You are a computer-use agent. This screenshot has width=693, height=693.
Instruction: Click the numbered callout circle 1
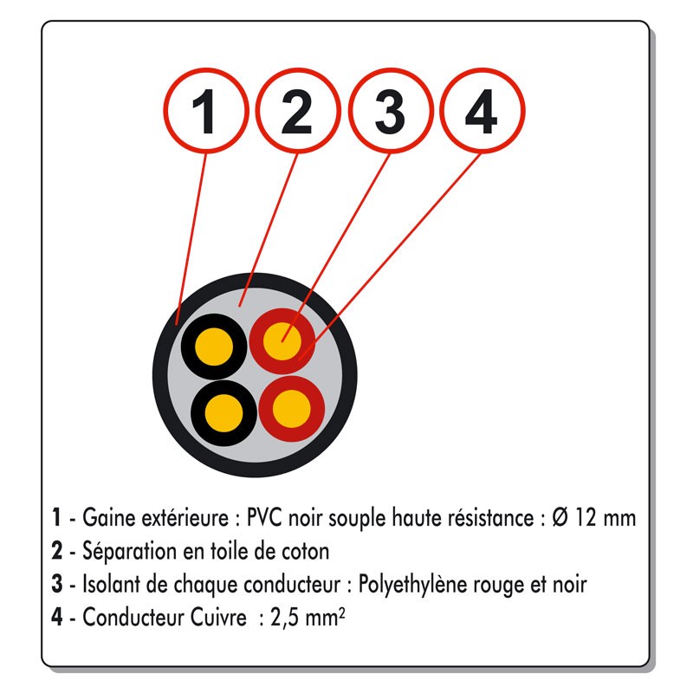205,111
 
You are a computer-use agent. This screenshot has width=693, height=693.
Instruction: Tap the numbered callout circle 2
298,111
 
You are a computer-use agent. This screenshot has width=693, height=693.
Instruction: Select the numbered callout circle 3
390,111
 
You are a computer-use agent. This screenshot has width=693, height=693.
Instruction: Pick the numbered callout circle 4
483,111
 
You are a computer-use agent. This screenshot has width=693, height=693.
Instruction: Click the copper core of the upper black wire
214,347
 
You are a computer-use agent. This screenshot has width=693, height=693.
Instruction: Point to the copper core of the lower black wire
224,413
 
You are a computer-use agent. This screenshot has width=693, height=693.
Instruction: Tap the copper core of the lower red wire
292,409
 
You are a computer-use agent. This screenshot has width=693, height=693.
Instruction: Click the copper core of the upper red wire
282,341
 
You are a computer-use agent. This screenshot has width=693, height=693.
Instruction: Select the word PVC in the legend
264,517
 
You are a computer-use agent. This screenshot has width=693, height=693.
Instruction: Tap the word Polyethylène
412,584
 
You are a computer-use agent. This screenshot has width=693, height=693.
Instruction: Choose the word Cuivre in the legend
218,617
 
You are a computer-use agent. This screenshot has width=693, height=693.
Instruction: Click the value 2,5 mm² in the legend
308,618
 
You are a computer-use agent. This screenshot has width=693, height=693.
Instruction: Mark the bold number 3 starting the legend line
56,584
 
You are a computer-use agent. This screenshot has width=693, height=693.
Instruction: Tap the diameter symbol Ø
560,517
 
